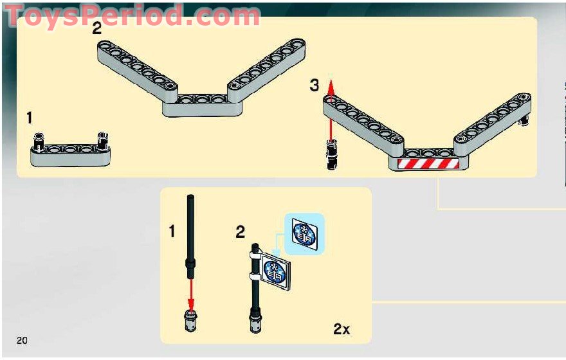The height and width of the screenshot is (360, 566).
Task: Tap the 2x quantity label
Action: pos(342,329)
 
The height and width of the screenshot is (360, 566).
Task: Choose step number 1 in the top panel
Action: pos(30,118)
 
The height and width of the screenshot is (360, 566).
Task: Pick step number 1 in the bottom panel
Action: pos(172,231)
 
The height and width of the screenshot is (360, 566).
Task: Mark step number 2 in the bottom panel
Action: pos(240,232)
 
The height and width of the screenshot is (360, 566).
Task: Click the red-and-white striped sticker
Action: pos(426,163)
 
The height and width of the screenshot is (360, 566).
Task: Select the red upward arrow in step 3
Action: pos(331,109)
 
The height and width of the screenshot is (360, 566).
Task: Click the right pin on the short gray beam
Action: pos(102,139)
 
